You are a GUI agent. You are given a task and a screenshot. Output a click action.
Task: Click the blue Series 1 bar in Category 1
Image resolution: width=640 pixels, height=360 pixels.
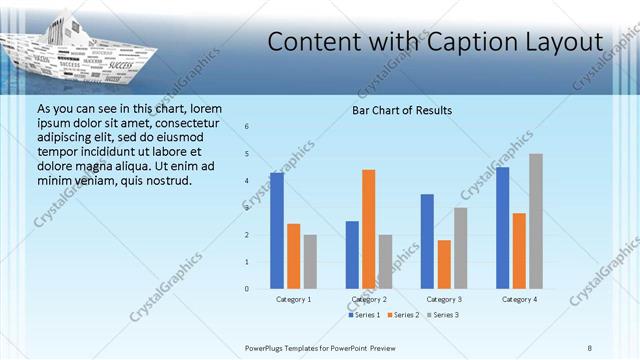(x=277, y=231)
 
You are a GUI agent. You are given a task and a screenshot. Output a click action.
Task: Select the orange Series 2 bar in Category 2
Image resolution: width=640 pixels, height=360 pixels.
(x=369, y=229)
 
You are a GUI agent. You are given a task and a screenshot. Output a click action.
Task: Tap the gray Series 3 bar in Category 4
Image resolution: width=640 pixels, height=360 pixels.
(x=536, y=221)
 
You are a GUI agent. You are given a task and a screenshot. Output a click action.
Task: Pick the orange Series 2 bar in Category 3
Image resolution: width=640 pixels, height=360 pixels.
(x=444, y=264)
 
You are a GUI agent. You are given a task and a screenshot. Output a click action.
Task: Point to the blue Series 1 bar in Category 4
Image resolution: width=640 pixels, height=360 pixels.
(x=502, y=228)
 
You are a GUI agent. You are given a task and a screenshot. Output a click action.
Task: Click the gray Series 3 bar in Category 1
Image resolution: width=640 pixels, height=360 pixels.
(x=310, y=262)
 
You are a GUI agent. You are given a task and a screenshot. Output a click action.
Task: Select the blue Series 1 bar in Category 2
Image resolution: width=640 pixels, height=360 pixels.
(x=352, y=255)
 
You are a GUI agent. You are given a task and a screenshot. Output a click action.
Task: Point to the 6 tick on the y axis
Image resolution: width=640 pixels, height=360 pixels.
(x=247, y=127)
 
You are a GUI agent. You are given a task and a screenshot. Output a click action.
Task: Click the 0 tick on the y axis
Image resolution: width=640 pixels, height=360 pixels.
(x=247, y=289)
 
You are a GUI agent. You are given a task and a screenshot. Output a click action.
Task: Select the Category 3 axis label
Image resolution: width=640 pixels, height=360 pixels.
(x=444, y=300)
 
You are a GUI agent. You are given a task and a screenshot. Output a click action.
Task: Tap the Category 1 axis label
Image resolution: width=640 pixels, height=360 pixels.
(x=294, y=300)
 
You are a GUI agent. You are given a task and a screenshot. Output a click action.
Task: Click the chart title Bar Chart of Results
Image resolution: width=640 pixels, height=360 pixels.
(x=402, y=110)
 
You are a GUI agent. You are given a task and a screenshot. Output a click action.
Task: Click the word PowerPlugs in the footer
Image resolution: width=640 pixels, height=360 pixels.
(x=269, y=347)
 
